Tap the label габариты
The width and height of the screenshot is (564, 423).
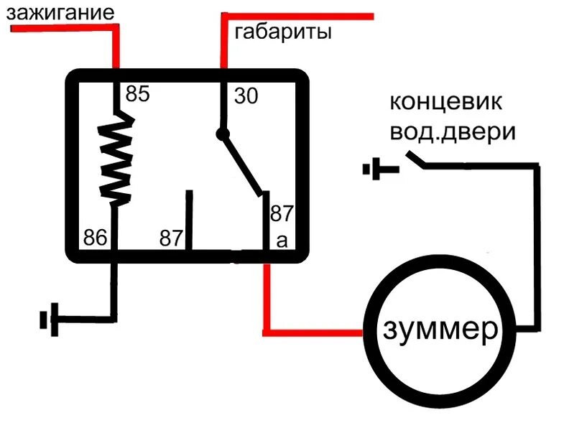pyautogui.click(x=283, y=32)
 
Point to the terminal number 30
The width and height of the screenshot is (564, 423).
pyautogui.click(x=246, y=96)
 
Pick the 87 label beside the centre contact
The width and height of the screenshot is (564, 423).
pyautogui.click(x=172, y=238)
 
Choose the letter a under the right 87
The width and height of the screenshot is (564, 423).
pyautogui.click(x=282, y=241)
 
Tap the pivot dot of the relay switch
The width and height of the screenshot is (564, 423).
pyautogui.click(x=223, y=133)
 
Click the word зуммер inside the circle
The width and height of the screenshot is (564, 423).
pyautogui.click(x=440, y=330)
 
